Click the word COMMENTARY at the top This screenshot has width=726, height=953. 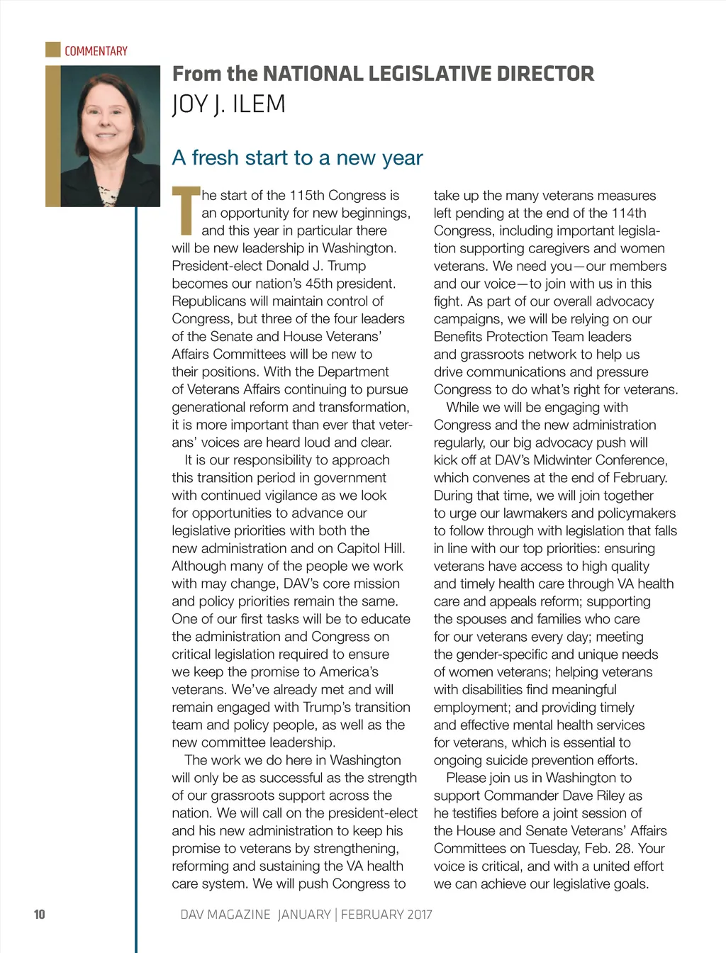point(96,51)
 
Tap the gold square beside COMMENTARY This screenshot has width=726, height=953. point(52,50)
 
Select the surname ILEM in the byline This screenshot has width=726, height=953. point(258,104)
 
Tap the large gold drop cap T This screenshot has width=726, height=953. point(186,211)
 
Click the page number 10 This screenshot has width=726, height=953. point(39,914)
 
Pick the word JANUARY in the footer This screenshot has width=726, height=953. point(303,914)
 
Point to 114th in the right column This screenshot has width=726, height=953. point(628,213)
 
